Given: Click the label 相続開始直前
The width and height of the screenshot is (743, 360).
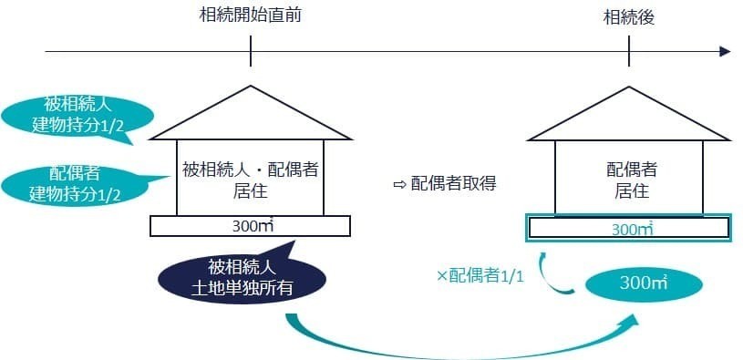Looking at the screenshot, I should click(250, 15).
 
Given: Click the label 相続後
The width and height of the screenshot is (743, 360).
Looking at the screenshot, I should click(628, 16).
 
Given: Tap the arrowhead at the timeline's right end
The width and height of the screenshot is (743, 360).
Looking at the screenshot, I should click(725, 51).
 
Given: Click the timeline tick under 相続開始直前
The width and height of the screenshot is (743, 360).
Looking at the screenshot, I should click(250, 51).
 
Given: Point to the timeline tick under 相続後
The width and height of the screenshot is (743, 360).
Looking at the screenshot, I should click(628, 51).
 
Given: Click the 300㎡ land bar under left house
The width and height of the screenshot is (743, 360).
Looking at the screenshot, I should click(249, 225).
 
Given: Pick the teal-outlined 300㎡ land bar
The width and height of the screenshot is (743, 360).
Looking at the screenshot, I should click(629, 228).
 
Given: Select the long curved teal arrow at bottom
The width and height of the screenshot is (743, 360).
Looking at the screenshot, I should click(456, 346).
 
